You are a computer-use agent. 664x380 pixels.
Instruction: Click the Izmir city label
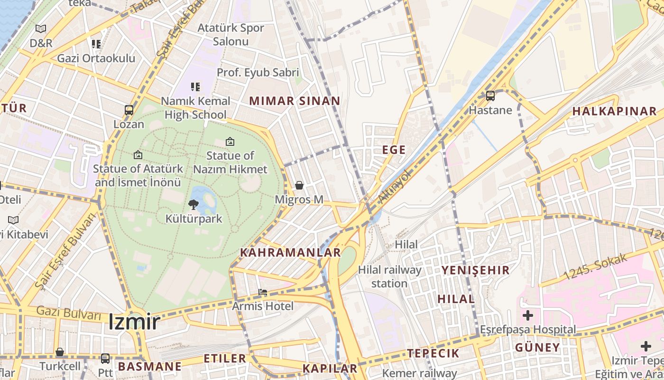134,322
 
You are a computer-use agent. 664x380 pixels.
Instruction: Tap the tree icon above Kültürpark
193,205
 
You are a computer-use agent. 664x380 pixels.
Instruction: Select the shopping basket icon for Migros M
299,185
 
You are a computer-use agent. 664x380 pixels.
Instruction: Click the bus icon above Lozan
129,110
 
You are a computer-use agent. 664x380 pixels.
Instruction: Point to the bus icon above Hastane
490,96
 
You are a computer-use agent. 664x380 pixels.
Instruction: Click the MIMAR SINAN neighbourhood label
295,101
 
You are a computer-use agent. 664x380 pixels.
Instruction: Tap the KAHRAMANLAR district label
290,252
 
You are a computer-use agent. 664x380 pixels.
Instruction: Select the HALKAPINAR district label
614,111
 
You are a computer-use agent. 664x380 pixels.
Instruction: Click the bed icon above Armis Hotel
263,292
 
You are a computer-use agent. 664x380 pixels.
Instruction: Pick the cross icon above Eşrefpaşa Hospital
527,315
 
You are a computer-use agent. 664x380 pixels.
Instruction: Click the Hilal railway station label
389,276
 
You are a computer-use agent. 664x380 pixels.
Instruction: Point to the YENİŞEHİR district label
475,270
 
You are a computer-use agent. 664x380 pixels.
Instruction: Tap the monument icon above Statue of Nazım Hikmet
230,142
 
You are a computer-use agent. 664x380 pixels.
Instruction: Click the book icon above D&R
41,29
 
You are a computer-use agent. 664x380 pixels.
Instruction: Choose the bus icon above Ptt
105,359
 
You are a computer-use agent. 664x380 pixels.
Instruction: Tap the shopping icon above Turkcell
60,352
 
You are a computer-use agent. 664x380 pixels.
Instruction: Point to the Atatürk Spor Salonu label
231,34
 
